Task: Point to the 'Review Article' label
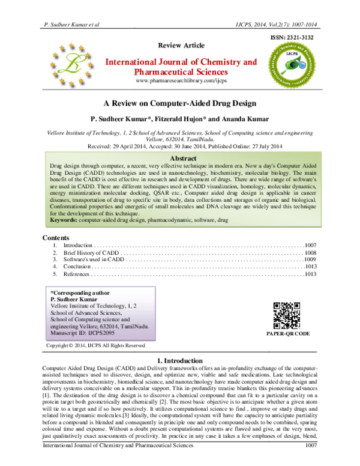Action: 181,46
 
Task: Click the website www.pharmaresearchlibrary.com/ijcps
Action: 181,80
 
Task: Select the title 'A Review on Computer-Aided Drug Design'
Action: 180,103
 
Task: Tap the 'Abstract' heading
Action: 180,157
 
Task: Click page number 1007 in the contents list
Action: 310,246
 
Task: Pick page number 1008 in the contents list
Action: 310,255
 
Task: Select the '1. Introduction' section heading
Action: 180,359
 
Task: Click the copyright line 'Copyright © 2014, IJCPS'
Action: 95,345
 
